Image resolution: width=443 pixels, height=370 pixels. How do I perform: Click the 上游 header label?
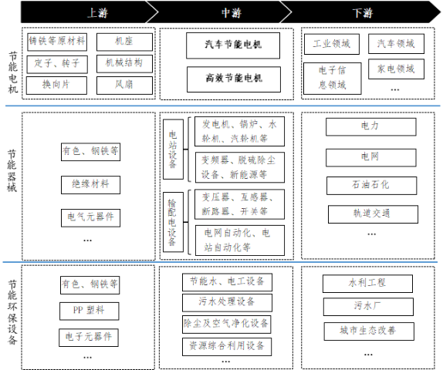point(97,13)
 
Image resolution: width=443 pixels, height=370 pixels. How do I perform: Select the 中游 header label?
point(232,13)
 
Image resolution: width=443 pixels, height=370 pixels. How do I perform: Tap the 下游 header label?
point(363,13)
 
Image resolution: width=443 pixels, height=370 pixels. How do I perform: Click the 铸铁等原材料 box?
point(57,42)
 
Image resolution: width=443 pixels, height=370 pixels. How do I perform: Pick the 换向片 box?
point(56,86)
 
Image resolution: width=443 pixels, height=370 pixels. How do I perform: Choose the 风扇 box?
point(124,86)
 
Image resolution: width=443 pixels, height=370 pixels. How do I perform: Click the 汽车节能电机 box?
point(233,45)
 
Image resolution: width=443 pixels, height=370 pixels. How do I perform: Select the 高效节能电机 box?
point(234,79)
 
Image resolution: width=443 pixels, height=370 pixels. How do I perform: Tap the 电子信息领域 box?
point(332,79)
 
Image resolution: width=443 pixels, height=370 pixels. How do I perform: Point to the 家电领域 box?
point(396,69)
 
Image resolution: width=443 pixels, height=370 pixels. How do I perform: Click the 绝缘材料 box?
point(91,185)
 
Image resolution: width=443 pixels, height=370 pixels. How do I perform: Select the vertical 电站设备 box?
point(173,149)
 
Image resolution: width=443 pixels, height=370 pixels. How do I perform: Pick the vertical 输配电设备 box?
point(173,222)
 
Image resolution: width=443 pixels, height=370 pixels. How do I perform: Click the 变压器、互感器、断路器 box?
point(239,204)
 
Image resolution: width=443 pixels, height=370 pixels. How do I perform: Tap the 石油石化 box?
point(371,186)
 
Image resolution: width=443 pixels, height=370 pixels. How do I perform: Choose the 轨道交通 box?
point(373,214)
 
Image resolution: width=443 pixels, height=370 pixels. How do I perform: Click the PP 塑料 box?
point(90,311)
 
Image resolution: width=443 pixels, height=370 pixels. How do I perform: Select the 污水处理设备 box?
point(227,302)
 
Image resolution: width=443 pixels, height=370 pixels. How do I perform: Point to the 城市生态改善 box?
point(369,331)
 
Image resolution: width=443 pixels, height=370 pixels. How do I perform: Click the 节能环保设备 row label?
point(12,312)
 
